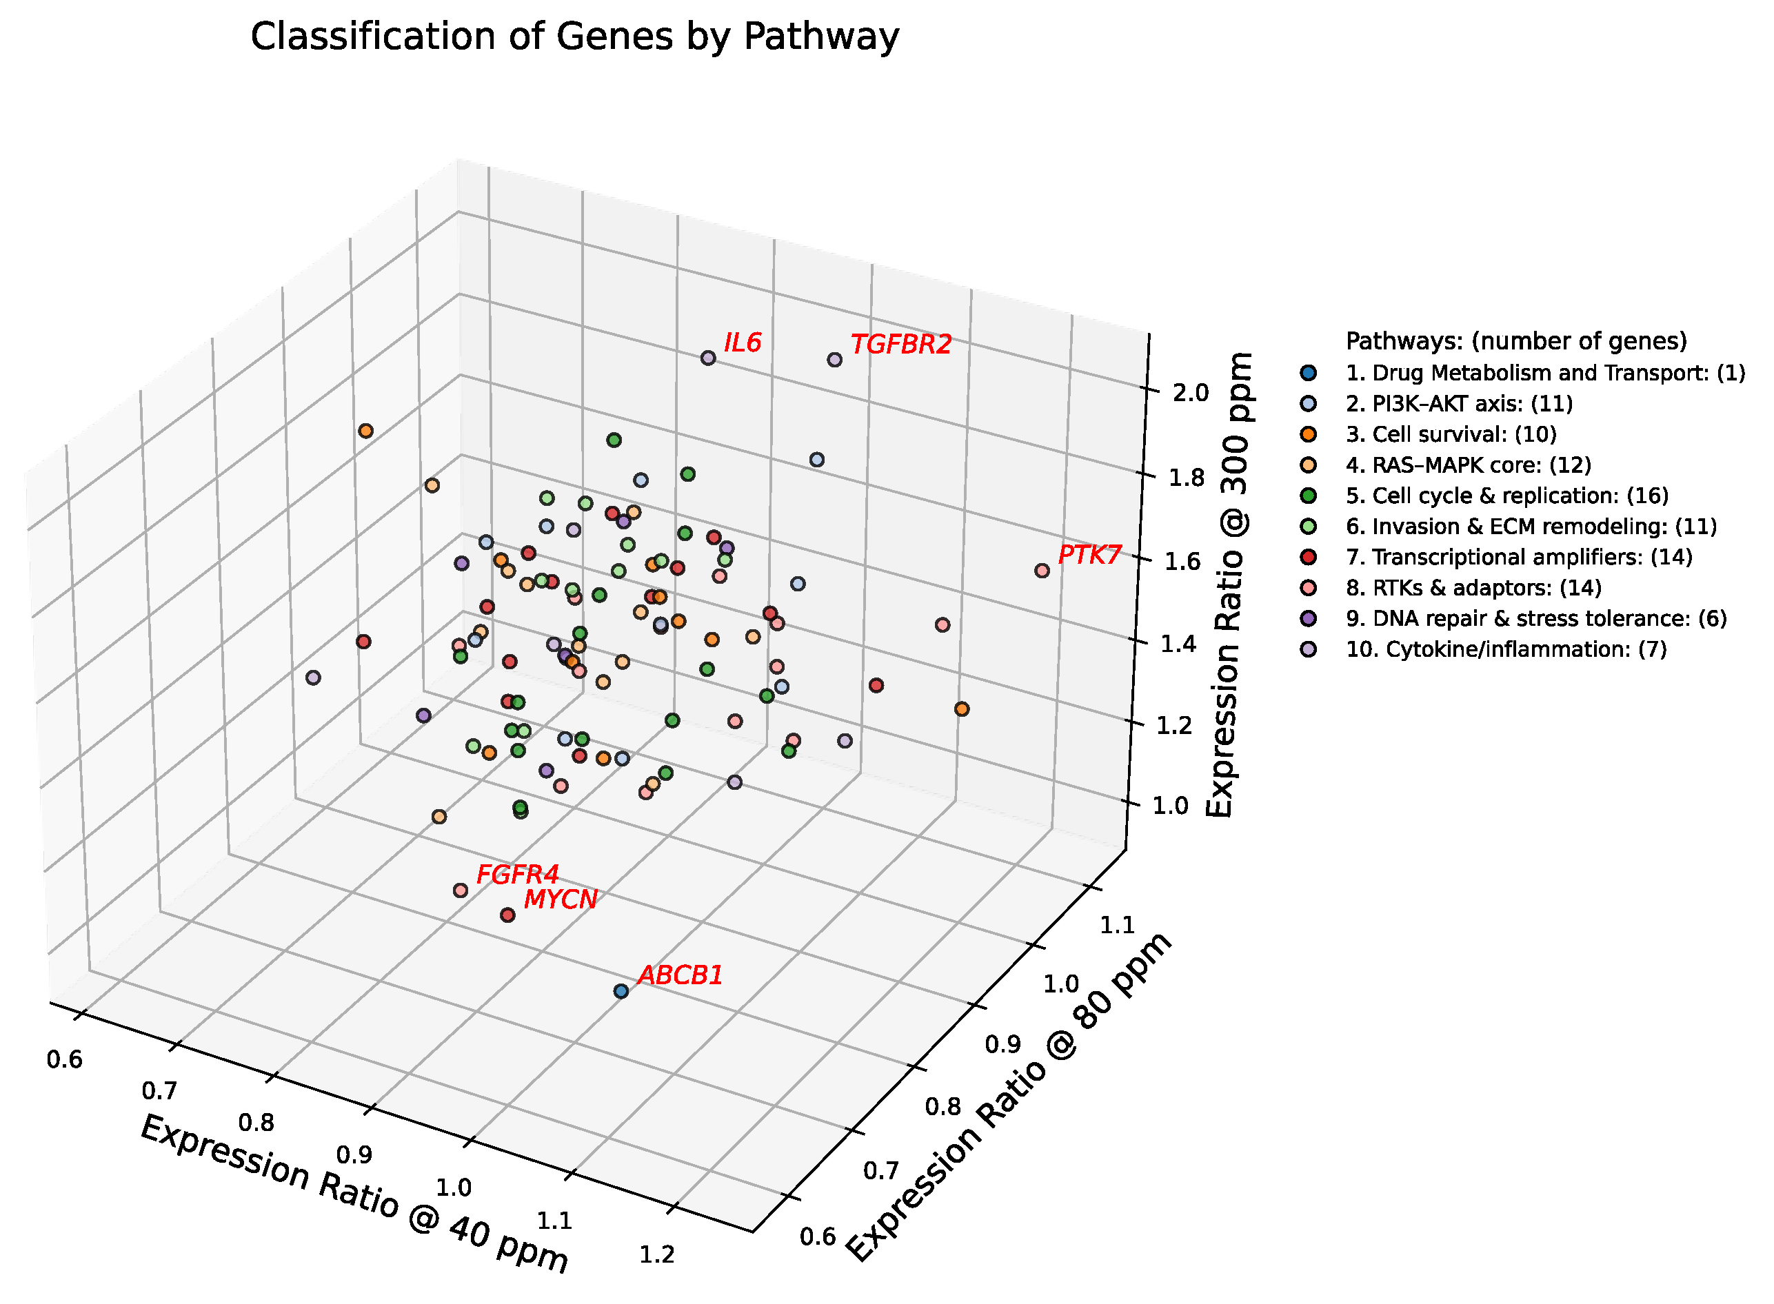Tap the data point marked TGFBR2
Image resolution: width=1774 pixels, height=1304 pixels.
click(x=834, y=360)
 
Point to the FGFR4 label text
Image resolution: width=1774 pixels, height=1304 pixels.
click(x=517, y=875)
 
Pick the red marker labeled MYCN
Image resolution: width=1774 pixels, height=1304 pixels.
click(x=507, y=915)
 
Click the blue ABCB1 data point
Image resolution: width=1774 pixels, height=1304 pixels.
click(x=621, y=990)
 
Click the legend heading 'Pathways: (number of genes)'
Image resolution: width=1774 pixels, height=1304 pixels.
click(x=1516, y=341)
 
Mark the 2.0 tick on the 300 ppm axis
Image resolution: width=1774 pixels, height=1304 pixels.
click(x=1191, y=392)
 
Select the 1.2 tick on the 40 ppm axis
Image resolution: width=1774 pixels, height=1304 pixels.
click(x=656, y=1254)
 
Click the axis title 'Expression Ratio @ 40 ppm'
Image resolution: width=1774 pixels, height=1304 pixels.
click(x=354, y=1193)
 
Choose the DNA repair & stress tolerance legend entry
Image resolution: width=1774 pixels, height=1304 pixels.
click(x=1535, y=618)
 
